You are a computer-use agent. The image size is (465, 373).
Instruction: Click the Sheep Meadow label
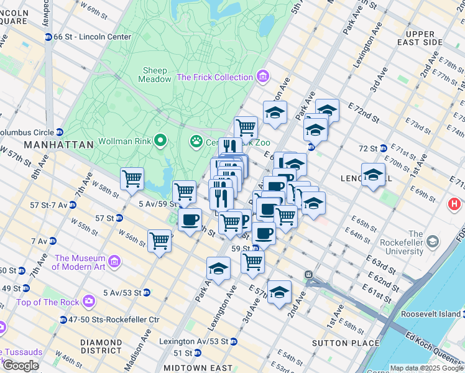click(x=156, y=75)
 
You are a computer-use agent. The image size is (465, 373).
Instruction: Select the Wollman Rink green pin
click(x=160, y=140)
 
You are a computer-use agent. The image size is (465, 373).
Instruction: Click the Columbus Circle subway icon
click(x=60, y=132)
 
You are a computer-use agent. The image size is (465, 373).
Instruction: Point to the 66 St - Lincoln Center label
click(x=92, y=37)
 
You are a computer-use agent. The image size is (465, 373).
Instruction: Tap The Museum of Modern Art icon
click(x=114, y=262)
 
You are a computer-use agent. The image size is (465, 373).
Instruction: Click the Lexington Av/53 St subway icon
click(x=233, y=341)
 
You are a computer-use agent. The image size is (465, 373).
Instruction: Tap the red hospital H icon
click(x=455, y=203)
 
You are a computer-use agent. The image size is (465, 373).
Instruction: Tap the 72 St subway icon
click(x=384, y=148)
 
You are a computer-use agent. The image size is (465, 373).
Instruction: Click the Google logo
click(x=21, y=366)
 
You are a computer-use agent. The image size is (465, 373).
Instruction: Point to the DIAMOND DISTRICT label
click(x=101, y=347)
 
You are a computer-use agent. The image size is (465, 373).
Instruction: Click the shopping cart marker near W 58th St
click(x=132, y=179)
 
